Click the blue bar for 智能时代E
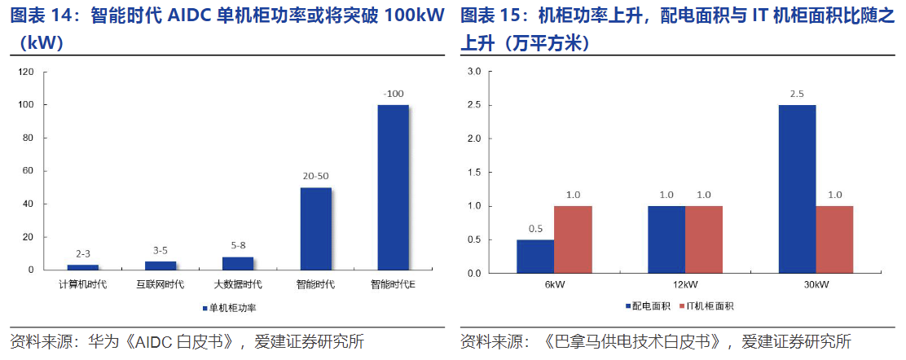pyautogui.click(x=393, y=187)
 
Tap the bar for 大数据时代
pyautogui.click(x=238, y=263)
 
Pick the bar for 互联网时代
pyautogui.click(x=161, y=266)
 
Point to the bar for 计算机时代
pyautogui.click(x=83, y=267)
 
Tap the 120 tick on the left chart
pyautogui.click(x=25, y=72)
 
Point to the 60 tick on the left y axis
pyautogui.click(x=28, y=171)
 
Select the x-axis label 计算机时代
pyautogui.click(x=83, y=284)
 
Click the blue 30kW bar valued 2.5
pyautogui.click(x=797, y=189)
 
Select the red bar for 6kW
pyautogui.click(x=573, y=239)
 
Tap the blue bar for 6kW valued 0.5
pyautogui.click(x=535, y=257)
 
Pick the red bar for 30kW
pyautogui.click(x=834, y=239)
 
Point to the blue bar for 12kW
pyautogui.click(x=666, y=239)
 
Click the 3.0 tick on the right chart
pyautogui.click(x=473, y=72)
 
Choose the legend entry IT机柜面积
pyautogui.click(x=706, y=306)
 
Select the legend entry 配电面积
pyautogui.click(x=648, y=306)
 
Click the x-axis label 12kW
pyautogui.click(x=685, y=284)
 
